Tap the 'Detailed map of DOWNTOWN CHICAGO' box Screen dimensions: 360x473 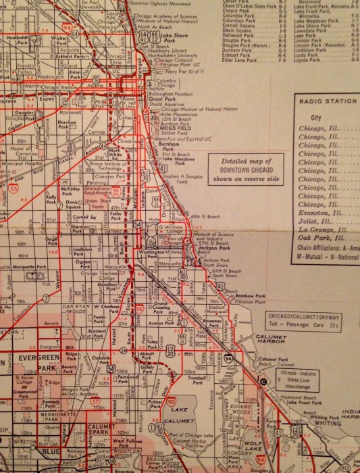(x=239, y=166)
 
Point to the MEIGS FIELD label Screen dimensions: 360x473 (x=173, y=141)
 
